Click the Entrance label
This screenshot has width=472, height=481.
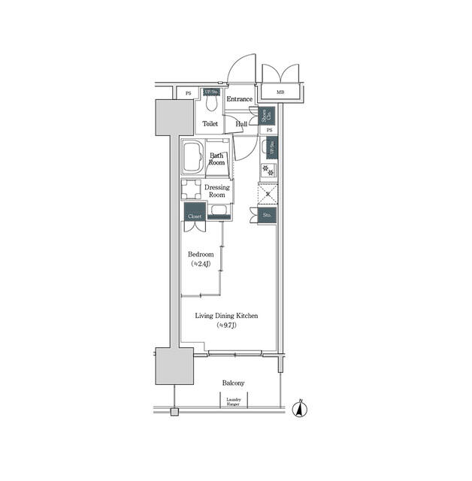point(240,99)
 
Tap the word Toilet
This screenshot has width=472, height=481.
point(210,124)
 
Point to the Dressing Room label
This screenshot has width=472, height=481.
point(217,190)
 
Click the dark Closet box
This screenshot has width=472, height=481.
point(195,213)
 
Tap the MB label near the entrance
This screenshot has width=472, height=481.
point(280,92)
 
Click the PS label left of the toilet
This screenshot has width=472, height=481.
point(189,92)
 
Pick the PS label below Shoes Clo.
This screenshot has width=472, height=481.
point(269,131)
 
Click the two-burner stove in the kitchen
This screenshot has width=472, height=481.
point(269,169)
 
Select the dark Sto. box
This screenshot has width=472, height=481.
point(267,215)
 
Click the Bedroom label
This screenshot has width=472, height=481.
point(201,255)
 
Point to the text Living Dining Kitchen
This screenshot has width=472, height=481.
point(227,316)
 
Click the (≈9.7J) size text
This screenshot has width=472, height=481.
point(227,326)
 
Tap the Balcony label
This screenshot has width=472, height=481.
point(233,383)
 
